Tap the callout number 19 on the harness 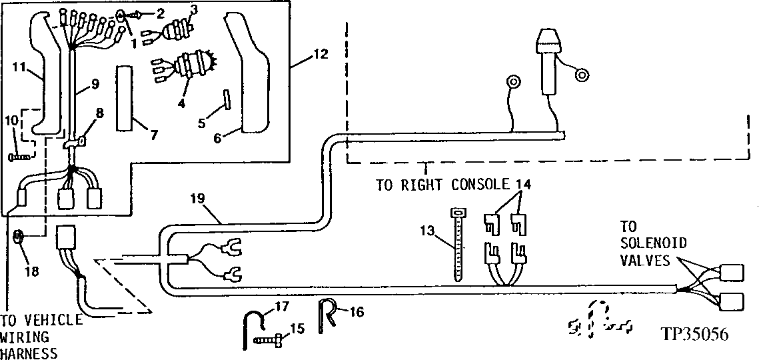point(199,198)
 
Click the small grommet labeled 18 point(19,235)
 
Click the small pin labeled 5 point(227,99)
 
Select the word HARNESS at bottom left point(29,353)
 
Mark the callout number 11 point(20,68)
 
